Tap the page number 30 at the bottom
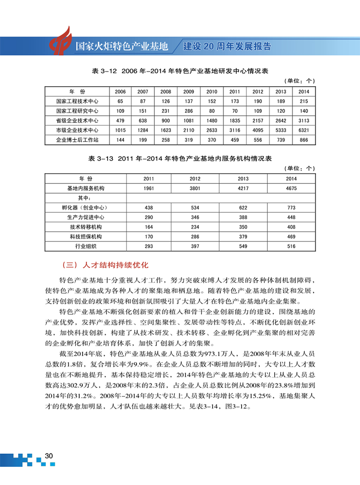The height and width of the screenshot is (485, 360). (x=49, y=456)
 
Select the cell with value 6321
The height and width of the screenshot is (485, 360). (x=304, y=130)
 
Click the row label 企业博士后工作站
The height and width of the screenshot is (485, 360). (x=77, y=140)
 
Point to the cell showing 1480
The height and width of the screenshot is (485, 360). (x=212, y=120)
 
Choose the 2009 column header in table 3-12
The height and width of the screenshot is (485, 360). (x=188, y=92)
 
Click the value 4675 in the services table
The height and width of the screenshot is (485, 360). (x=291, y=188)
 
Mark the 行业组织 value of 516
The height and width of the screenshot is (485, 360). (x=291, y=246)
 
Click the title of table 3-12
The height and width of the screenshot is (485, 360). (x=180, y=71)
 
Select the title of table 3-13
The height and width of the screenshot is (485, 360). (x=180, y=159)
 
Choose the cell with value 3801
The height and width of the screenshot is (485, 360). (x=195, y=188)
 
